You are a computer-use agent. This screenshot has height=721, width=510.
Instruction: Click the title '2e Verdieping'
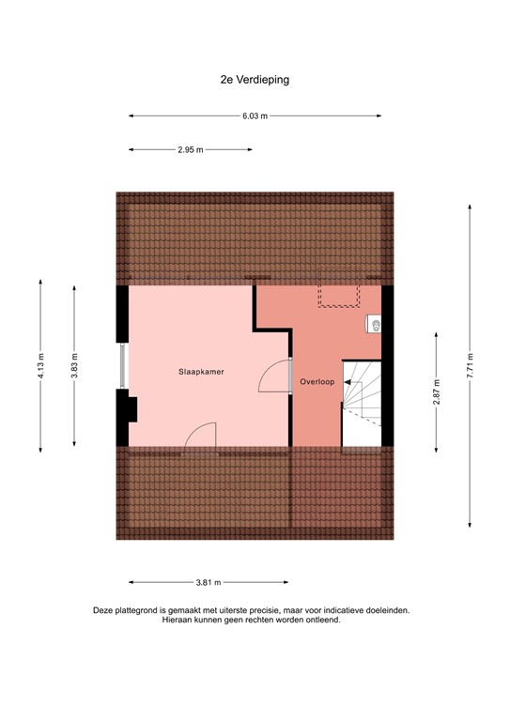[255, 80]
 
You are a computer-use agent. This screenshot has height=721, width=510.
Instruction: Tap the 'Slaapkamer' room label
[202, 373]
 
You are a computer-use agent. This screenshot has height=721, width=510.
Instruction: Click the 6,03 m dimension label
[255, 116]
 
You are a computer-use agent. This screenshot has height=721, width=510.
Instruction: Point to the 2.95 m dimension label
[191, 149]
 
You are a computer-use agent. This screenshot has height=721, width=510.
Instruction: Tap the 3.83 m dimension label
[74, 365]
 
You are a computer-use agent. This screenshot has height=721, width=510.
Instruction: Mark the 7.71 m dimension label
[470, 365]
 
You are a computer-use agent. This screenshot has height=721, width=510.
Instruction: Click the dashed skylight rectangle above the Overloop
[340, 296]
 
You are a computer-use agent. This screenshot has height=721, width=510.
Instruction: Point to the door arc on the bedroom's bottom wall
[200, 435]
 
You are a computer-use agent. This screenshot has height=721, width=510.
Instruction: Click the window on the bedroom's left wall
[121, 366]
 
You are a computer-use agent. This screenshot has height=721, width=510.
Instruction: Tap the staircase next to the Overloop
[362, 404]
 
